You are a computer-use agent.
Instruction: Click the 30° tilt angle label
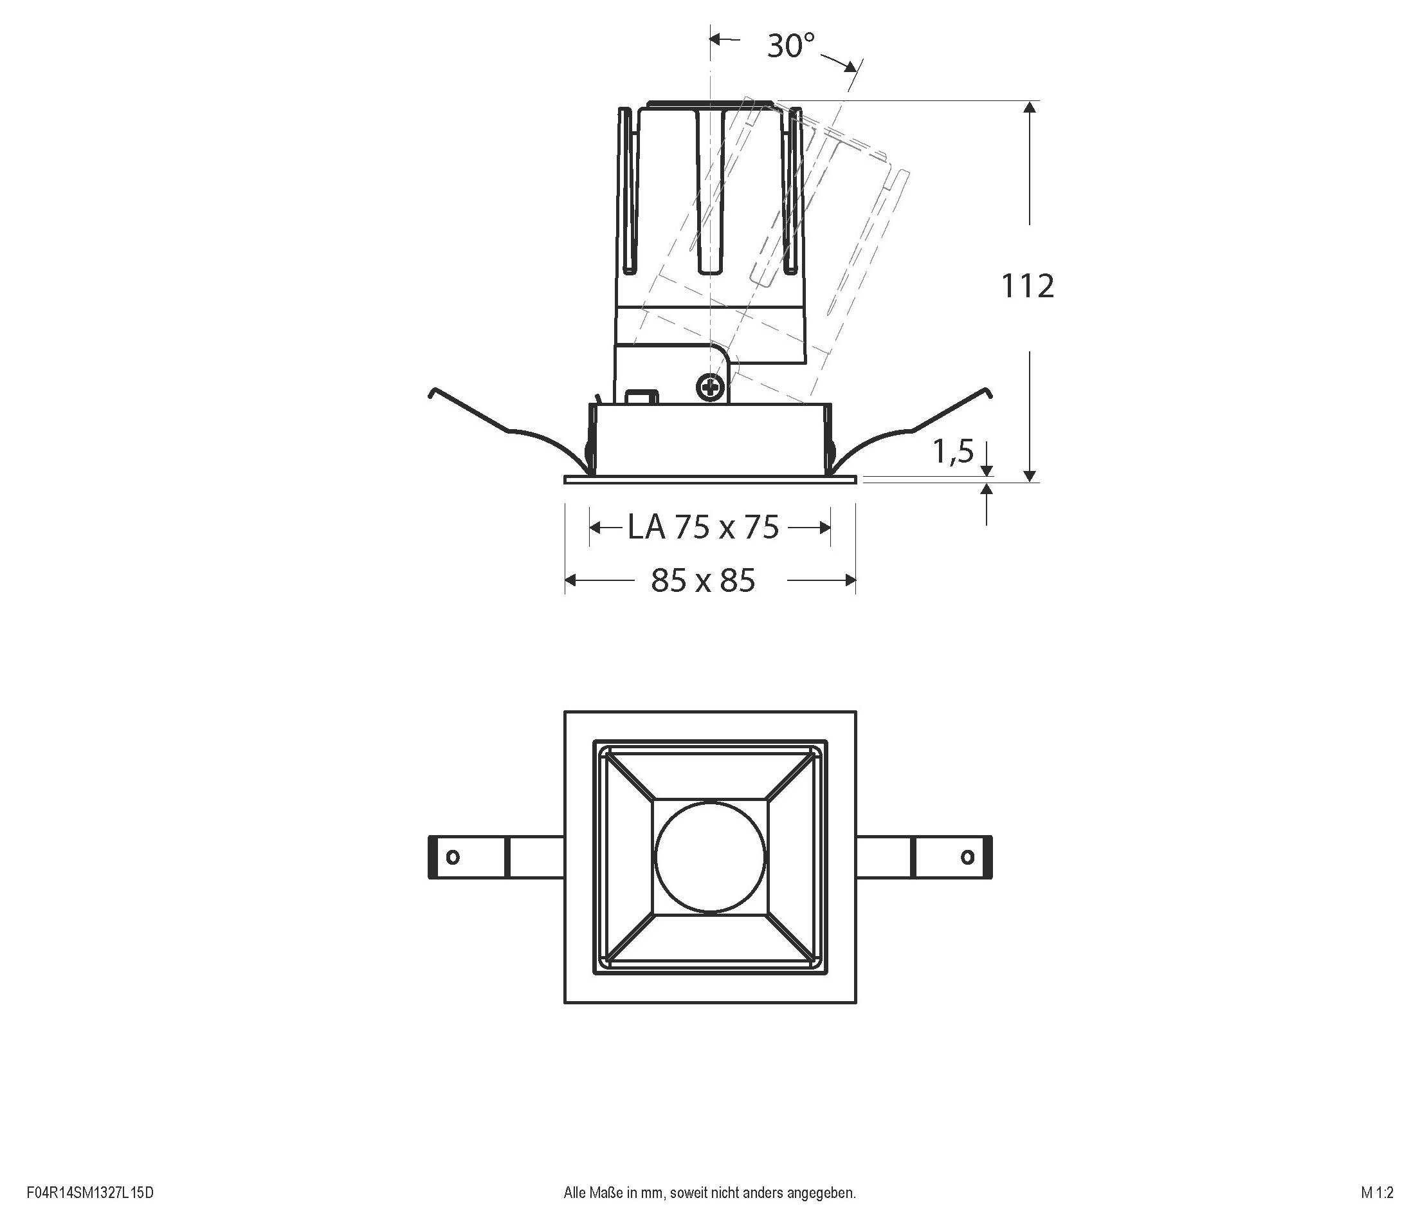(x=790, y=46)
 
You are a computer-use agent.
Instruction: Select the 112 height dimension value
(x=1027, y=286)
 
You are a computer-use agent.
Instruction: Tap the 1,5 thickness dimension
(x=952, y=451)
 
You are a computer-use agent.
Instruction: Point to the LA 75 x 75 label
(x=704, y=527)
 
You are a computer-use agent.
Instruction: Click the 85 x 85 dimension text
(x=703, y=580)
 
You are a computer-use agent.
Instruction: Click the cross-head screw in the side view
(x=711, y=387)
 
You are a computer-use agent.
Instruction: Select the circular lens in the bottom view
(x=710, y=857)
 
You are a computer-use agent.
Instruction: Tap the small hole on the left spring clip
(x=452, y=857)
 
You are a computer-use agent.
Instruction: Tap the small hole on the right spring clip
(x=968, y=857)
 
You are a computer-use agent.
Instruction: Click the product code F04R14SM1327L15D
(x=90, y=1193)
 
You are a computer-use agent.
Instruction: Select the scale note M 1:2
(x=1377, y=1193)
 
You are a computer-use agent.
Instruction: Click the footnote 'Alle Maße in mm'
(x=709, y=1193)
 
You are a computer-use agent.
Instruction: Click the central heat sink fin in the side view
(x=710, y=192)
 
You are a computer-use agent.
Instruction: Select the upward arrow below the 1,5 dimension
(x=987, y=490)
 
